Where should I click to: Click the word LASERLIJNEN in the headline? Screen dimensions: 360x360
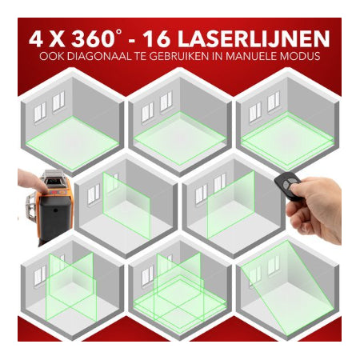coord(254,39)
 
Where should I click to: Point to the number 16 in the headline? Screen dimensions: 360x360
coord(157,39)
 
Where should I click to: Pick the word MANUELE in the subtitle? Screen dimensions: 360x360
coord(251,57)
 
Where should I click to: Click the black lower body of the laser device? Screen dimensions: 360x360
coord(55,218)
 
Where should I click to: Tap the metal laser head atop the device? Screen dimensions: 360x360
coord(54,178)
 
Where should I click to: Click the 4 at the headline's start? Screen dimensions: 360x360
coord(37,39)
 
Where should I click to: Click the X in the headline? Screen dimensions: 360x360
coord(58,39)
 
